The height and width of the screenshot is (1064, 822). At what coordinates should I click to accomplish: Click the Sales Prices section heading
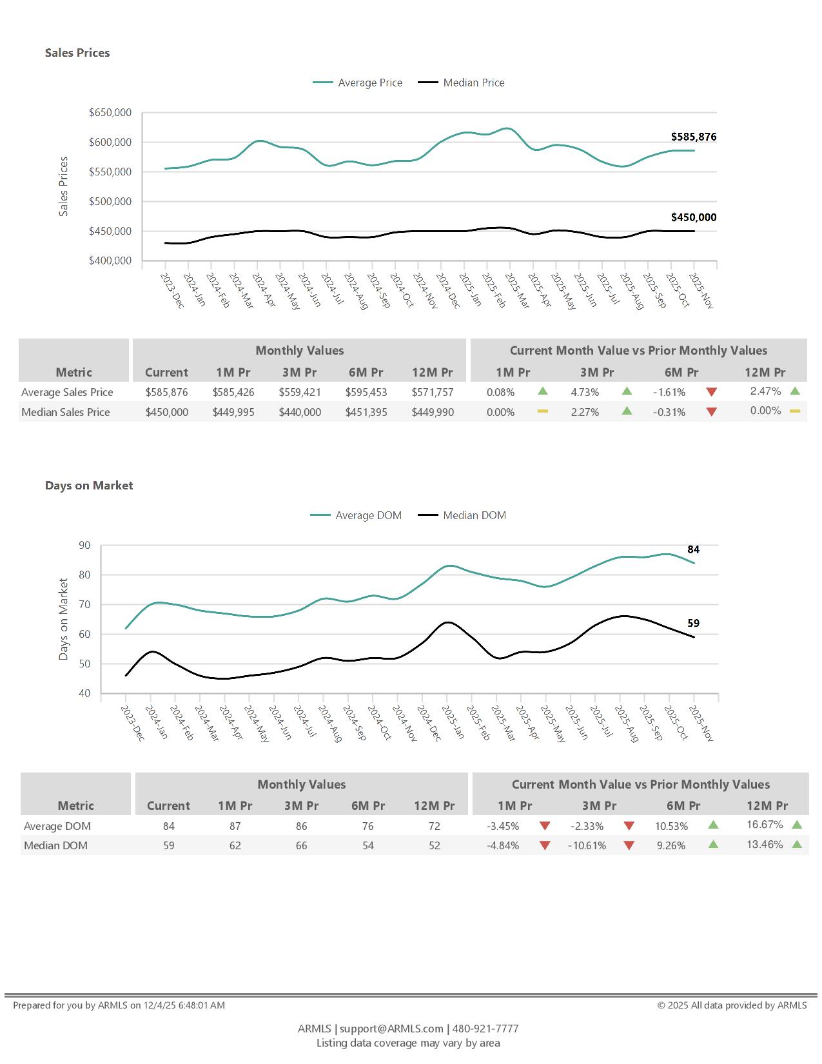pyautogui.click(x=77, y=53)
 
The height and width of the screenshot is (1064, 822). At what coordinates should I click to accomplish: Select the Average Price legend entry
pyautogui.click(x=369, y=83)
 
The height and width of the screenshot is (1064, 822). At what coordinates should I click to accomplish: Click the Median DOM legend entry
pyautogui.click(x=474, y=515)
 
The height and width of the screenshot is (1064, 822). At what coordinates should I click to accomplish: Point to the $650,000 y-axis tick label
pyautogui.click(x=110, y=113)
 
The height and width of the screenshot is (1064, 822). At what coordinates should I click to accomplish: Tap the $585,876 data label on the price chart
pyautogui.click(x=693, y=137)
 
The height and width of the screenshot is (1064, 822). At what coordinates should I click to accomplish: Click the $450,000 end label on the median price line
pyautogui.click(x=693, y=217)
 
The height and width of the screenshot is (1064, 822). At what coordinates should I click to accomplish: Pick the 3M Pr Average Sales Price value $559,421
pyautogui.click(x=300, y=392)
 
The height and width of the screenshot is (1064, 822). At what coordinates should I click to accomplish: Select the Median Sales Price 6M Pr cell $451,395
pyautogui.click(x=366, y=412)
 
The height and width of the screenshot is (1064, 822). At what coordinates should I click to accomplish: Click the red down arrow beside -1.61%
pyautogui.click(x=712, y=392)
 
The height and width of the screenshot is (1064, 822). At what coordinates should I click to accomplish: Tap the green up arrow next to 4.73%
pyautogui.click(x=627, y=391)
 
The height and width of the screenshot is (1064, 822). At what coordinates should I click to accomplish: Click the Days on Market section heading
pyautogui.click(x=89, y=486)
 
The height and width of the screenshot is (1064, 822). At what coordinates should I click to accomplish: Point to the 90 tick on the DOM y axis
pyautogui.click(x=84, y=546)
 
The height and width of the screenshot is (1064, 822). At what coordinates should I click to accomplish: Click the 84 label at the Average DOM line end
pyautogui.click(x=693, y=549)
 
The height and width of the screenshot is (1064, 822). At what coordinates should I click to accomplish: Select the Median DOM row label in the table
pyautogui.click(x=55, y=845)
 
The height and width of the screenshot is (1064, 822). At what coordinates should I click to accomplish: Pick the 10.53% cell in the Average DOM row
pyautogui.click(x=671, y=826)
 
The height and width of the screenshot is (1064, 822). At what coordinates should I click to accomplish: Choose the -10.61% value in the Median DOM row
pyautogui.click(x=587, y=845)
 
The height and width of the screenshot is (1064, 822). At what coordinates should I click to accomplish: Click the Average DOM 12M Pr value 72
pyautogui.click(x=435, y=826)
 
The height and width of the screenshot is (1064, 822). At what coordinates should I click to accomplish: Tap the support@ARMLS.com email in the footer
pyautogui.click(x=391, y=1029)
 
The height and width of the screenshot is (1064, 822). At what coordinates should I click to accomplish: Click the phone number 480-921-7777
pyautogui.click(x=485, y=1029)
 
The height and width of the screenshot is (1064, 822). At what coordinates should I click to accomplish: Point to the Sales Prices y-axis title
pyautogui.click(x=63, y=186)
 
